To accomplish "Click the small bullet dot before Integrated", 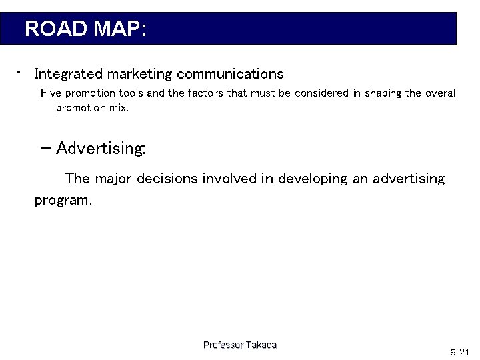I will pyautogui.click(x=21, y=69).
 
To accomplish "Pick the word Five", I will pyautogui.click(x=51, y=93).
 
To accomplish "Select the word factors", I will pyautogui.click(x=205, y=93).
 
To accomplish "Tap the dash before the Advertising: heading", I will pyautogui.click(x=47, y=147).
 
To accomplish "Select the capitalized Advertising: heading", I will pyautogui.click(x=101, y=148).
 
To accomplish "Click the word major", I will pyautogui.click(x=115, y=179).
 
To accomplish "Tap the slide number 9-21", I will pyautogui.click(x=460, y=351).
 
